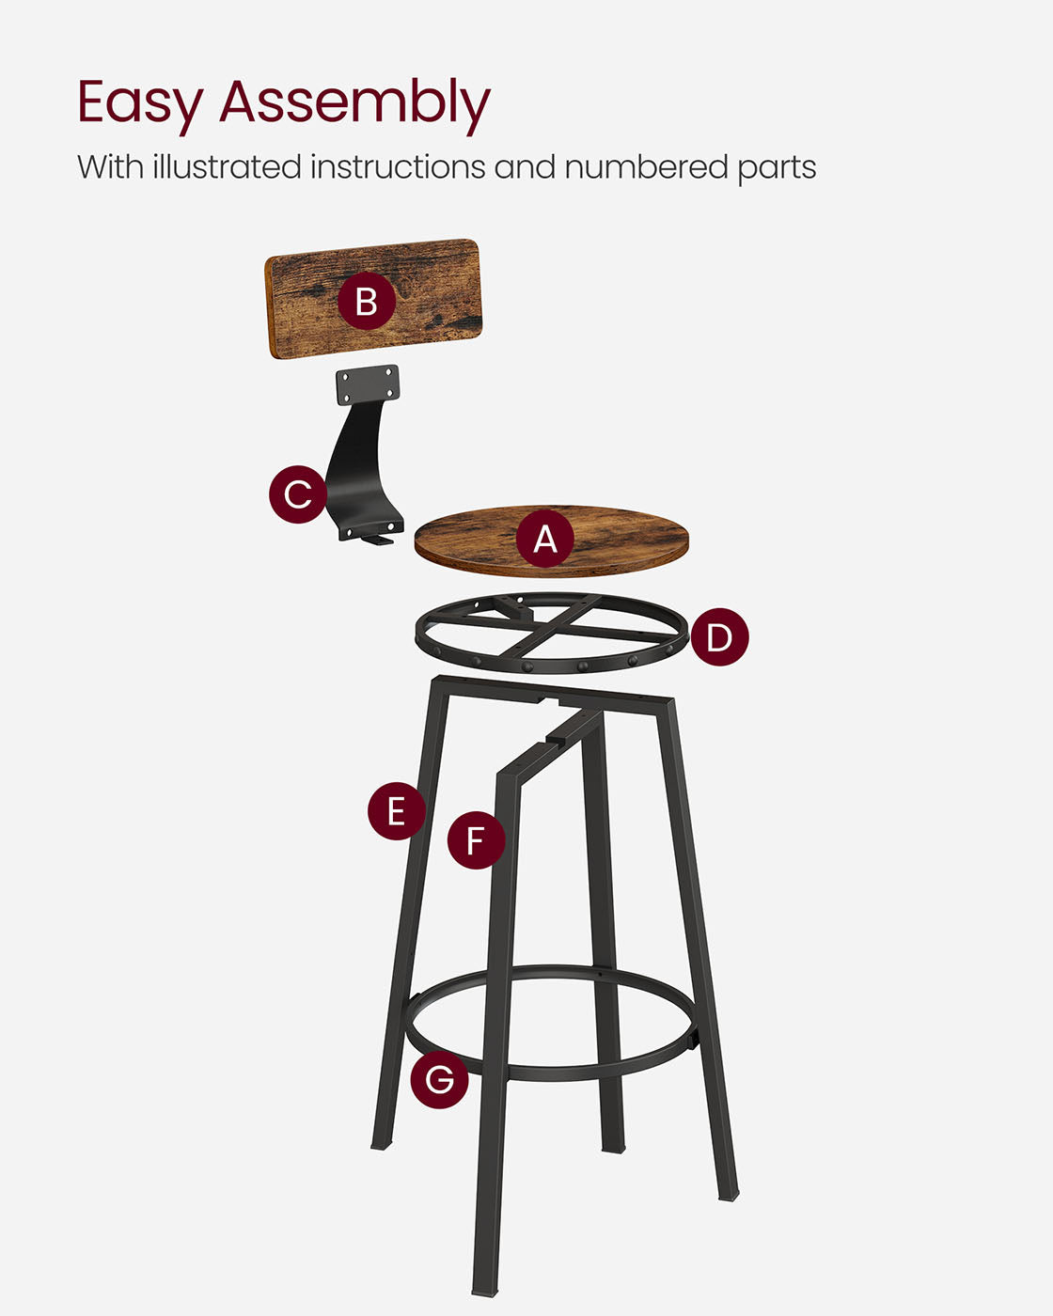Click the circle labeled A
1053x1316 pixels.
544,539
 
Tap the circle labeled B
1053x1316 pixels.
366,301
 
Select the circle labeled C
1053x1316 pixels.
298,493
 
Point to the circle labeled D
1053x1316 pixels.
719,637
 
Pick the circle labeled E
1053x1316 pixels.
396,810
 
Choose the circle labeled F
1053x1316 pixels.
476,839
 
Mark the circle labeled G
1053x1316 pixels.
439,1079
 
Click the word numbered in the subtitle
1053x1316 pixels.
647,167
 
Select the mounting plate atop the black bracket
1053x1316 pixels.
368,384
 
